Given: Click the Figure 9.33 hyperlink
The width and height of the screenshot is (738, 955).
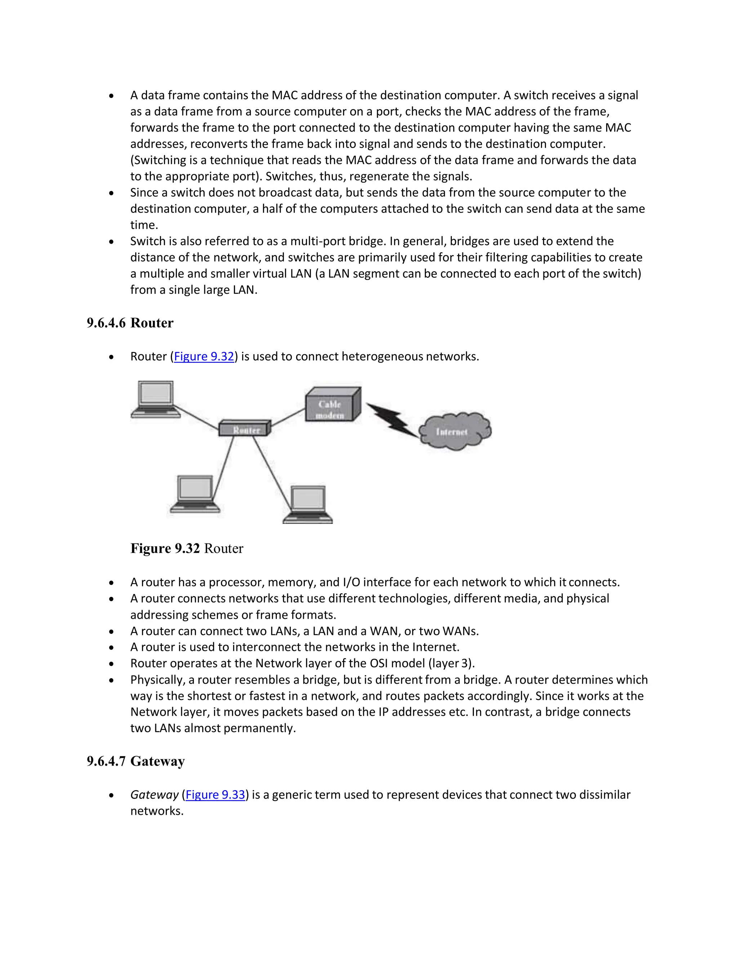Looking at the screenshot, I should [x=215, y=795].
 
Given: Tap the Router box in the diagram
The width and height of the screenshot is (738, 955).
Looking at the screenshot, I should [x=245, y=428].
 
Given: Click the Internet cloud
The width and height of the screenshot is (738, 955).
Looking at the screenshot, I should [x=454, y=432].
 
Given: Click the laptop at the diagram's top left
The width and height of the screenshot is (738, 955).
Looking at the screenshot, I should [x=156, y=400].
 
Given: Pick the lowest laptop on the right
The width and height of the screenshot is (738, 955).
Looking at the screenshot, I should [x=308, y=505].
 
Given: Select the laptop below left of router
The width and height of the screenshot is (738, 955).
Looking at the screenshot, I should [x=195, y=494].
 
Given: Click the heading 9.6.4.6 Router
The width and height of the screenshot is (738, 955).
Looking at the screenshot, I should [x=130, y=323].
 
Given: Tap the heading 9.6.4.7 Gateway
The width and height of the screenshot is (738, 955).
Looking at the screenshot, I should [x=135, y=761].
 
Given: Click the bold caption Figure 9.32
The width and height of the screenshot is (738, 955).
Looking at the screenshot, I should [x=165, y=548].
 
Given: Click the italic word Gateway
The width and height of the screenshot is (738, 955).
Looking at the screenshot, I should [x=154, y=795].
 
